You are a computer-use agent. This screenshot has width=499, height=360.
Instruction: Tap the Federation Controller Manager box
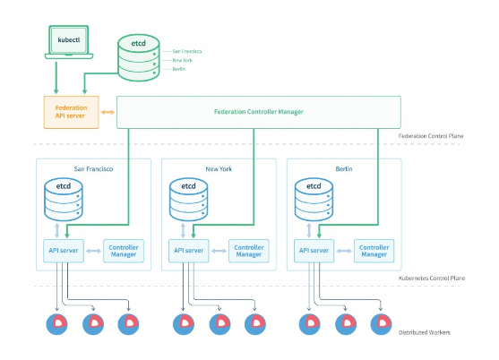pos(258,112)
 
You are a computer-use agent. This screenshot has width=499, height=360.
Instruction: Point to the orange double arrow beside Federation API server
pos(107,112)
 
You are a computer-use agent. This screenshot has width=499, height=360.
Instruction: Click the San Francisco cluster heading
pos(92,168)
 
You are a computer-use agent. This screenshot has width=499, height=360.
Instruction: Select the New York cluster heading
pos(219,168)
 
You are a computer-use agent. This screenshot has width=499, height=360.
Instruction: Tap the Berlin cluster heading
pos(344,168)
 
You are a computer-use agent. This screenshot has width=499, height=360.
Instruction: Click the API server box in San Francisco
pos(64,252)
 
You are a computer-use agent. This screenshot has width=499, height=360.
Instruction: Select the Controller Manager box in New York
pos(249,252)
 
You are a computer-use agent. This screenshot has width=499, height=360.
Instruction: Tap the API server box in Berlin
pos(314,252)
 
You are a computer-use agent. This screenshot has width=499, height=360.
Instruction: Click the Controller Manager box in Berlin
pos(374,252)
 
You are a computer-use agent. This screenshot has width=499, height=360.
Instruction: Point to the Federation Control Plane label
pos(431,135)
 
